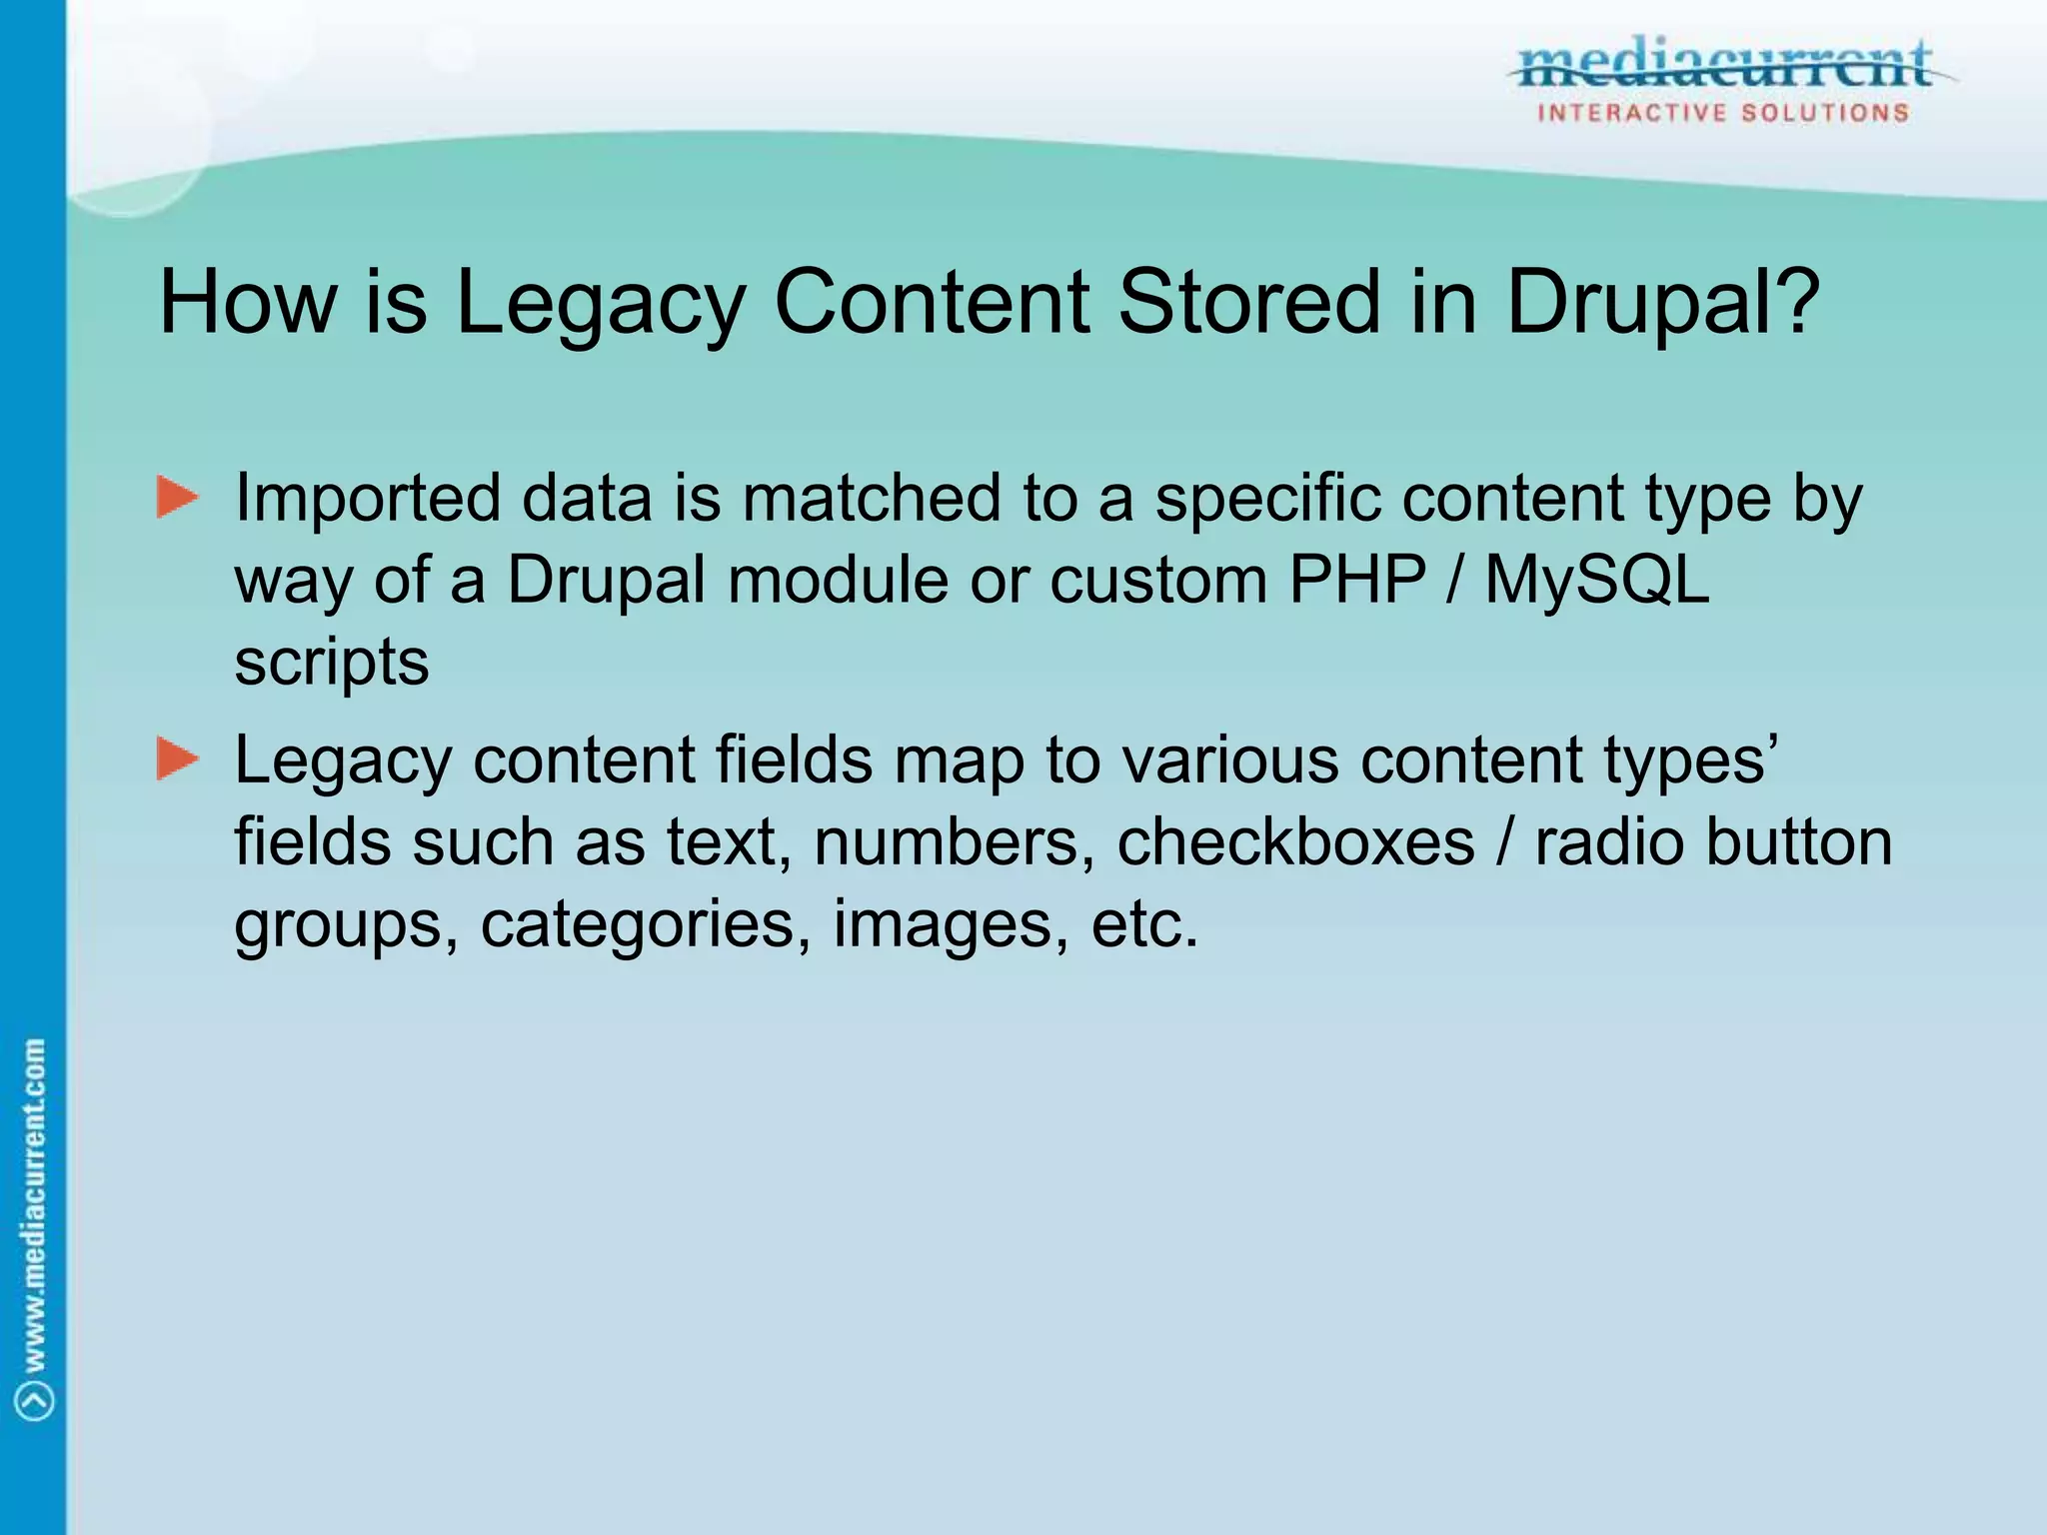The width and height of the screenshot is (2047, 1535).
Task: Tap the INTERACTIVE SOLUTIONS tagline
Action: (x=1723, y=113)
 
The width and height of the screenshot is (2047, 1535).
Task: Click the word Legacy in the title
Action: (x=601, y=304)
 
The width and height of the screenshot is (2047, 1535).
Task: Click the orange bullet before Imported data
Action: (x=177, y=498)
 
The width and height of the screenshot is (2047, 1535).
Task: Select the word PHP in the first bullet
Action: (x=1357, y=580)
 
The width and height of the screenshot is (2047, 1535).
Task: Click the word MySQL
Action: (x=1597, y=580)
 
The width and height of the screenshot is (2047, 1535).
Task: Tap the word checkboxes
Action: (x=1295, y=841)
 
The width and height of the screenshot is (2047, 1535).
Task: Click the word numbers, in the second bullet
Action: (x=955, y=841)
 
